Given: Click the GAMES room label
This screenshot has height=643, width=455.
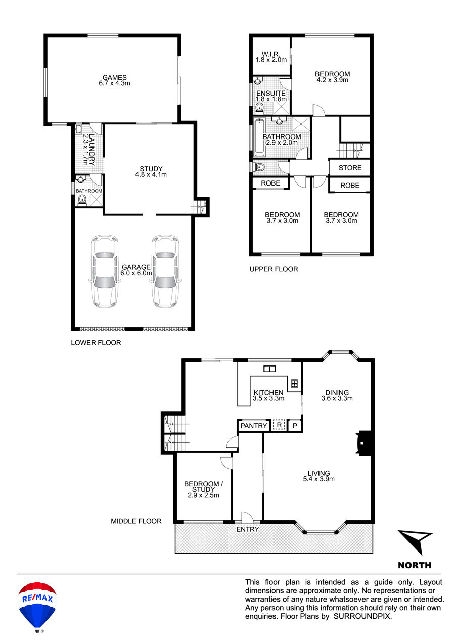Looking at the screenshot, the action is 115,77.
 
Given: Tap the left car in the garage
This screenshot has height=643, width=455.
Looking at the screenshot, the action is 105,271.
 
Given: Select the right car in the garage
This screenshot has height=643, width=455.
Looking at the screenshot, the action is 165,271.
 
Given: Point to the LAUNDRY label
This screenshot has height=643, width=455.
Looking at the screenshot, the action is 92,150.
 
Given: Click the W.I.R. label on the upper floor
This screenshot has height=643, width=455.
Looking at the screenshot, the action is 270,54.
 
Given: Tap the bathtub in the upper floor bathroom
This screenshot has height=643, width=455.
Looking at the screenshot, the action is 259,137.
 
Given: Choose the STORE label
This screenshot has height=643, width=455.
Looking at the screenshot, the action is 350,168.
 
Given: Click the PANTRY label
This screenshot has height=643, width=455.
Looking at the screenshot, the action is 254,426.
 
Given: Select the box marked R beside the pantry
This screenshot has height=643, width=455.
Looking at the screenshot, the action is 279,425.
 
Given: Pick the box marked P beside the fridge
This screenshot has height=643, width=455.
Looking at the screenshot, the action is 295,426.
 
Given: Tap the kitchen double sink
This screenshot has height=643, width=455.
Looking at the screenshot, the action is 269,369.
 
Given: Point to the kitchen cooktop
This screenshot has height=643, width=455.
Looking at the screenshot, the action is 294,384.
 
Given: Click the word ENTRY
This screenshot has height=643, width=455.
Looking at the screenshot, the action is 247,529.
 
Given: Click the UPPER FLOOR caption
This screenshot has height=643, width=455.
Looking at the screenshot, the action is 274,269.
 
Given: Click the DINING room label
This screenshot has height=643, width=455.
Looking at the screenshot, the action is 337,392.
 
